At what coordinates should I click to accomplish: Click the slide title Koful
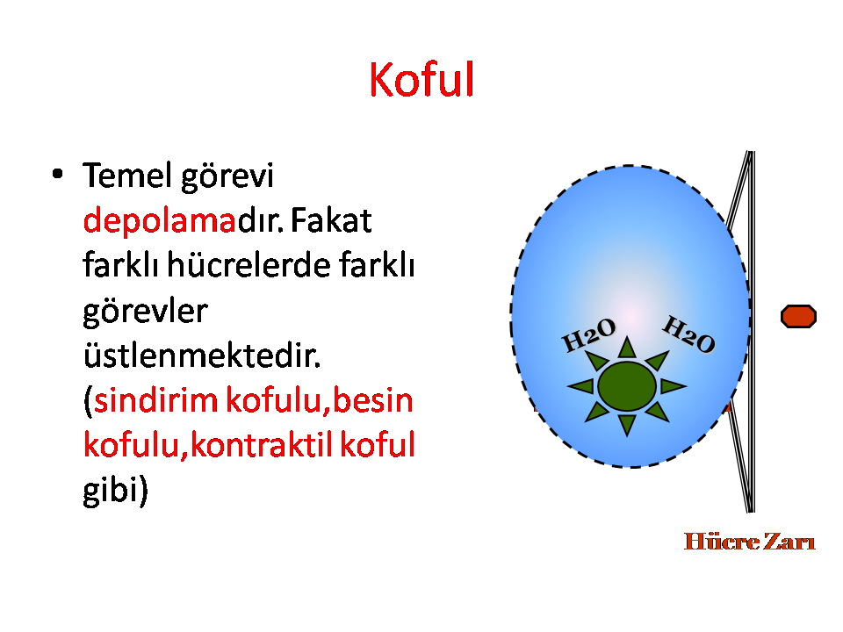421,80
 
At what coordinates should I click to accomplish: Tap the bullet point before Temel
58,174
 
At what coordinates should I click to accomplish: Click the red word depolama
160,219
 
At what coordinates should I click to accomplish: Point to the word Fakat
331,219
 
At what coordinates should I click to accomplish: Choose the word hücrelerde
249,264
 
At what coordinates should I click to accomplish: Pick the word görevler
145,312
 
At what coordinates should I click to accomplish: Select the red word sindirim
156,400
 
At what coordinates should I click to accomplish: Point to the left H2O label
588,334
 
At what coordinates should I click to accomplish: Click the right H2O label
688,334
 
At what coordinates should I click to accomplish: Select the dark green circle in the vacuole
627,386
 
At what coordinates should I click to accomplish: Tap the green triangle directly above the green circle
627,348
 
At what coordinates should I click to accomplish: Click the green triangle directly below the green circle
627,423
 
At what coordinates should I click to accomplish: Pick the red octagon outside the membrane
798,316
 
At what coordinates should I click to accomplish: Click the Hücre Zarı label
749,542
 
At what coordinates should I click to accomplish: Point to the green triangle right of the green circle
671,386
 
